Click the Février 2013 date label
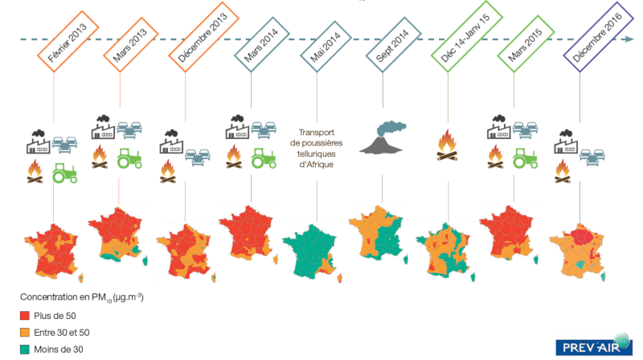68,42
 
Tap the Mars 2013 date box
130,45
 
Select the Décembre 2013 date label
203,37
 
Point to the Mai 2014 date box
326,47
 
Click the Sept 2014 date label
393,45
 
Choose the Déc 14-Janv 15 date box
466,36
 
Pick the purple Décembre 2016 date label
598,37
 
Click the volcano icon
383,137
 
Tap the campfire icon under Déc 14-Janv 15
448,145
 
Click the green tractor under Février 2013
65,173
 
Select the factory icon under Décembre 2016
566,141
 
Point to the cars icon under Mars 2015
526,130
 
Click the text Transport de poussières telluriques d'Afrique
316,149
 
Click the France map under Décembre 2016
578,252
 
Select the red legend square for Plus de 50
25,316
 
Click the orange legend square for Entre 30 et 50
25,333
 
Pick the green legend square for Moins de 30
25,350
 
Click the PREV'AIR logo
594,346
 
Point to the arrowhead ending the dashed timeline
629,39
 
